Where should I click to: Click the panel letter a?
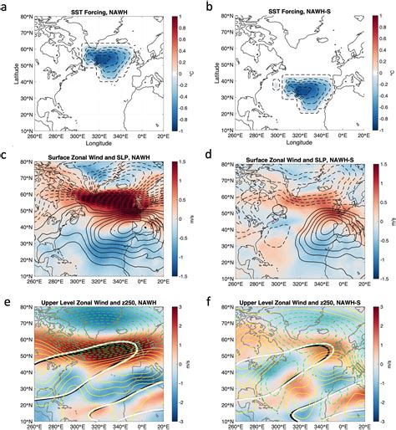(5, 7)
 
